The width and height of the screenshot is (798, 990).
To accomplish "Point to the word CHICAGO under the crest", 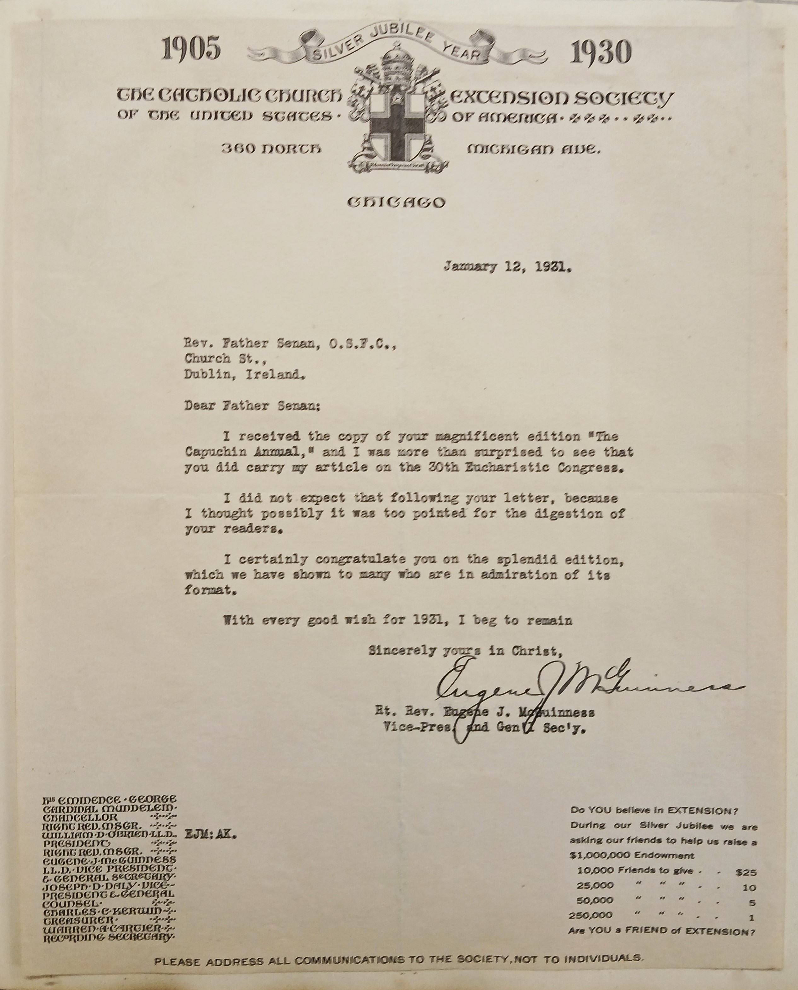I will [396, 202].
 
